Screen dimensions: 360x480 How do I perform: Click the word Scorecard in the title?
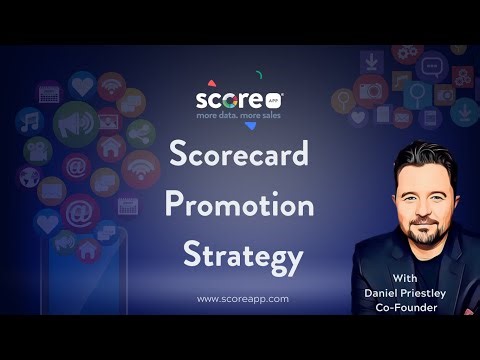(x=240, y=157)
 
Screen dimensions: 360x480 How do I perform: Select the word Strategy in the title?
(x=242, y=256)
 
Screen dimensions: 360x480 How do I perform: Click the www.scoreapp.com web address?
(x=243, y=298)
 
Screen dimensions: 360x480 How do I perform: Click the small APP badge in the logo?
(x=275, y=100)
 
